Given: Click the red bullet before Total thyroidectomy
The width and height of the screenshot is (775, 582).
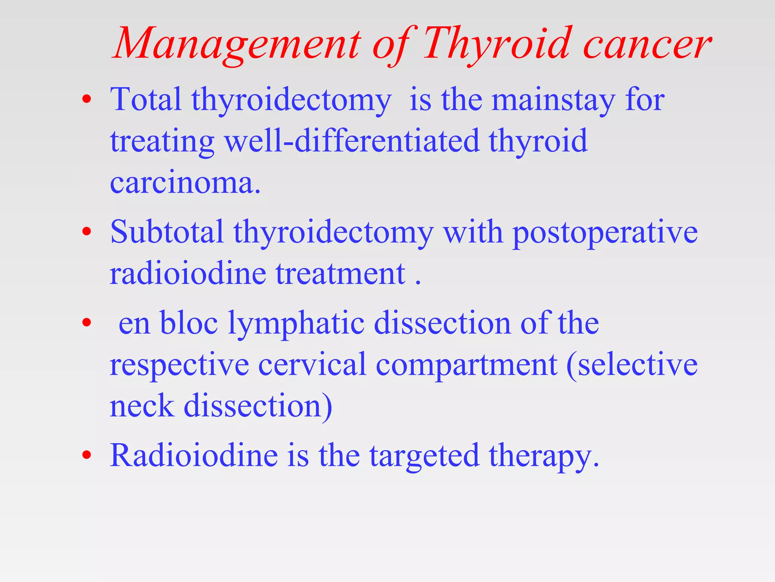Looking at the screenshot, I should pos(87,99).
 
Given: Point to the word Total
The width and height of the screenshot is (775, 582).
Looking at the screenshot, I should pos(146,99).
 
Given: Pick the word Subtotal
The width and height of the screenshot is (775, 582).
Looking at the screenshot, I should pos(167,232).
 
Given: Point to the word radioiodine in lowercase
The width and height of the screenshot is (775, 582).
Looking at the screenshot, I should pos(188,274).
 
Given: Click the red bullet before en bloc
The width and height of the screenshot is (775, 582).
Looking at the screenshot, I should pos(87,322).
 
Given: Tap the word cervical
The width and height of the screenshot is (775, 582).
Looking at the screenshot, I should pos(312,365).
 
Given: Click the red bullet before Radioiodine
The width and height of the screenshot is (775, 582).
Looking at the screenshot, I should pos(87,455).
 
